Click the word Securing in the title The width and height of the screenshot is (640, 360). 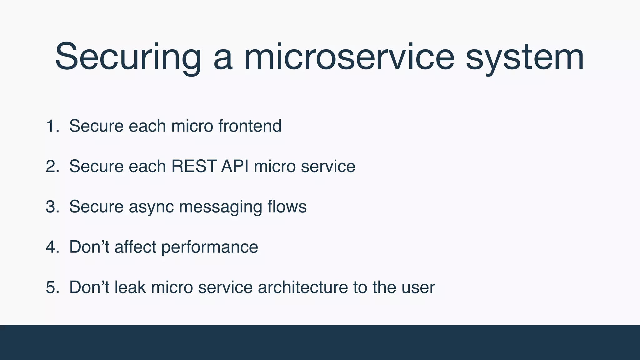[x=128, y=57]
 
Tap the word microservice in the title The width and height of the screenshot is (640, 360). [x=349, y=57]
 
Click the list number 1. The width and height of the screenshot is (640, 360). [x=52, y=126]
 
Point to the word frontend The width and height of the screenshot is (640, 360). [x=250, y=126]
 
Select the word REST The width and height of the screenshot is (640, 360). [x=194, y=166]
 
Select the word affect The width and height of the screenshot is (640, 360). [x=135, y=247]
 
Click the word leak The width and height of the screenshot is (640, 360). [x=130, y=287]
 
